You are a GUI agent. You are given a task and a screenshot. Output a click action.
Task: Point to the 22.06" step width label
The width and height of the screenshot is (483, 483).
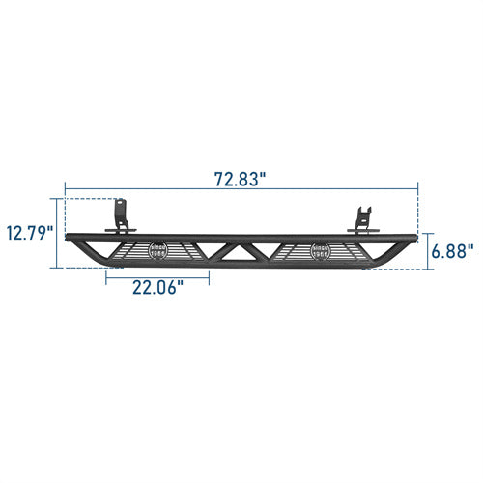tap(156, 286)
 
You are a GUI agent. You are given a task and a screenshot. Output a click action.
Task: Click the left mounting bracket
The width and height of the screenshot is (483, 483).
tap(120, 216)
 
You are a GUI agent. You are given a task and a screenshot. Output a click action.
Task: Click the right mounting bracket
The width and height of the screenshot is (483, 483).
tap(362, 220)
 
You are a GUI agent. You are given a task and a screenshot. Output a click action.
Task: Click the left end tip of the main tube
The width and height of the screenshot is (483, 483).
tap(68, 238)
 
